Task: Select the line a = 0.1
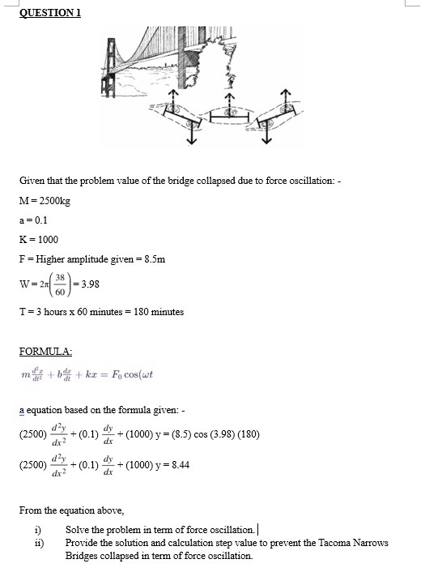[x=34, y=220]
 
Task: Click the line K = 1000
[x=38, y=239]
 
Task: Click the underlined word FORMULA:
[x=46, y=351]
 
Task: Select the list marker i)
[x=36, y=530]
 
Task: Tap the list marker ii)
[x=37, y=543]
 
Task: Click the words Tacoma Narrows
[x=357, y=543]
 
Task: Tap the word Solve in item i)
[x=78, y=530]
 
